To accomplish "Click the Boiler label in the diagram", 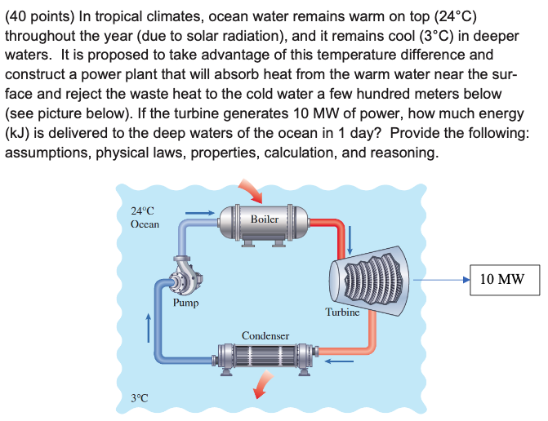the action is (x=265, y=219).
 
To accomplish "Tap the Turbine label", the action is (x=342, y=312).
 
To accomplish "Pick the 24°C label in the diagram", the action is (x=142, y=211).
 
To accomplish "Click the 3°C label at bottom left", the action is (x=140, y=398).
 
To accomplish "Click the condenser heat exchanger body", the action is (x=265, y=357).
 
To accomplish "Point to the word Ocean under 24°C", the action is (x=145, y=224).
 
